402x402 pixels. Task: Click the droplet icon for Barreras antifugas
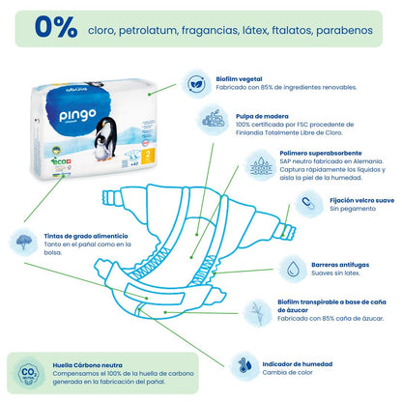[x=291, y=268]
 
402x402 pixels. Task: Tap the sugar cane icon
[x=258, y=314]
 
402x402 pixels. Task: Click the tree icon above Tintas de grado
[x=24, y=240]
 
